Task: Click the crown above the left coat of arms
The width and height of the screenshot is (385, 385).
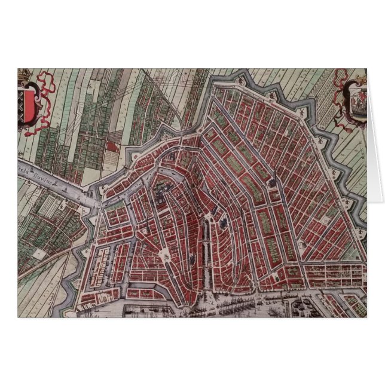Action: point(25,74)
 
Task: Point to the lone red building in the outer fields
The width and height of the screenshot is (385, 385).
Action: point(112,145)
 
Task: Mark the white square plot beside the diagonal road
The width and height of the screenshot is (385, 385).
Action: point(40,253)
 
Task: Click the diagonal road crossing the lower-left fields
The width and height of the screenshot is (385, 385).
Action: point(42,269)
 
